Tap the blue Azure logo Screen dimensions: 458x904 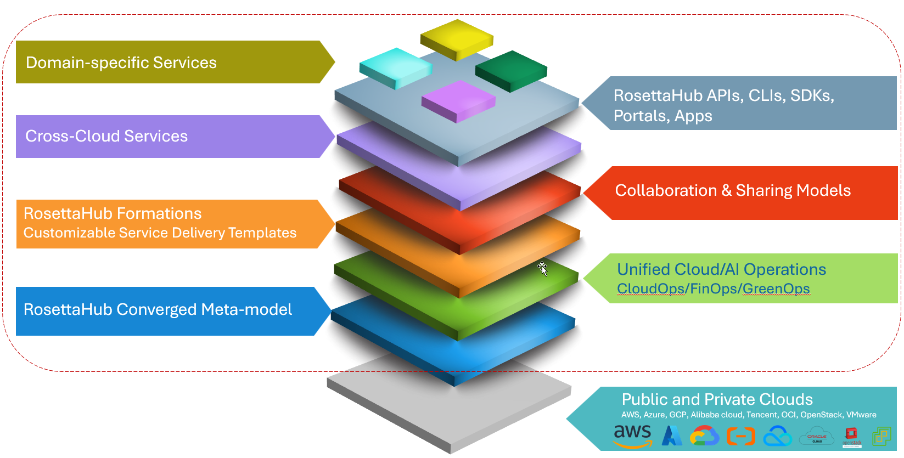coord(672,436)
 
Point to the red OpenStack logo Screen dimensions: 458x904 coord(852,437)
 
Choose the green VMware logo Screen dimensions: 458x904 coord(881,437)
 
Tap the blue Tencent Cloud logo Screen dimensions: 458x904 coord(777,437)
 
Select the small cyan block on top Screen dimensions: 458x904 coord(395,67)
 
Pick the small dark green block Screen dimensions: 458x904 coord(511,71)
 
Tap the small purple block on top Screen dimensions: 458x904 coord(458,101)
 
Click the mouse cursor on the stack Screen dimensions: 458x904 coord(542,268)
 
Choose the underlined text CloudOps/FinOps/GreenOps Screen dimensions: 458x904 coord(713,289)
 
